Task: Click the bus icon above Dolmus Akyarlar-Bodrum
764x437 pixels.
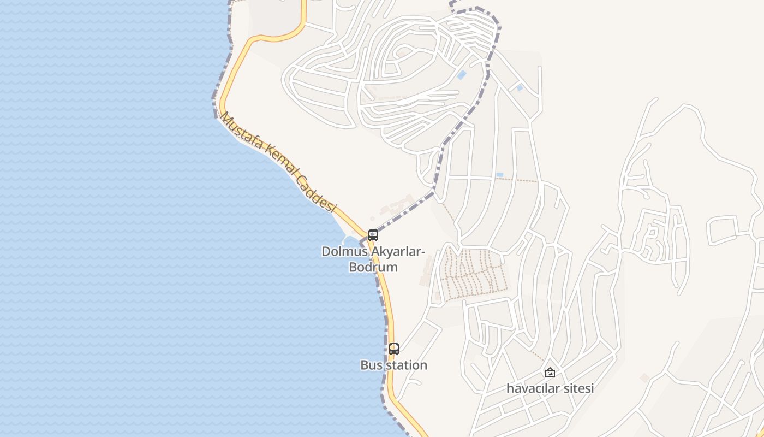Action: (x=373, y=235)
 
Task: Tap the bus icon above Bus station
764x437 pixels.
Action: (x=394, y=349)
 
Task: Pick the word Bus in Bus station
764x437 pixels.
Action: (x=372, y=365)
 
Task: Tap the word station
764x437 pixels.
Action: (x=407, y=365)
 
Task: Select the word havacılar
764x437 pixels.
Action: (x=533, y=388)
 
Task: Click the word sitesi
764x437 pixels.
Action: (x=578, y=388)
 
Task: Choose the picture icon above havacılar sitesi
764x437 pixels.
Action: (x=550, y=373)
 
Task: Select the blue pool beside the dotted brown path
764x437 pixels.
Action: (x=499, y=175)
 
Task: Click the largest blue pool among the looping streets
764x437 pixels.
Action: (x=462, y=75)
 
